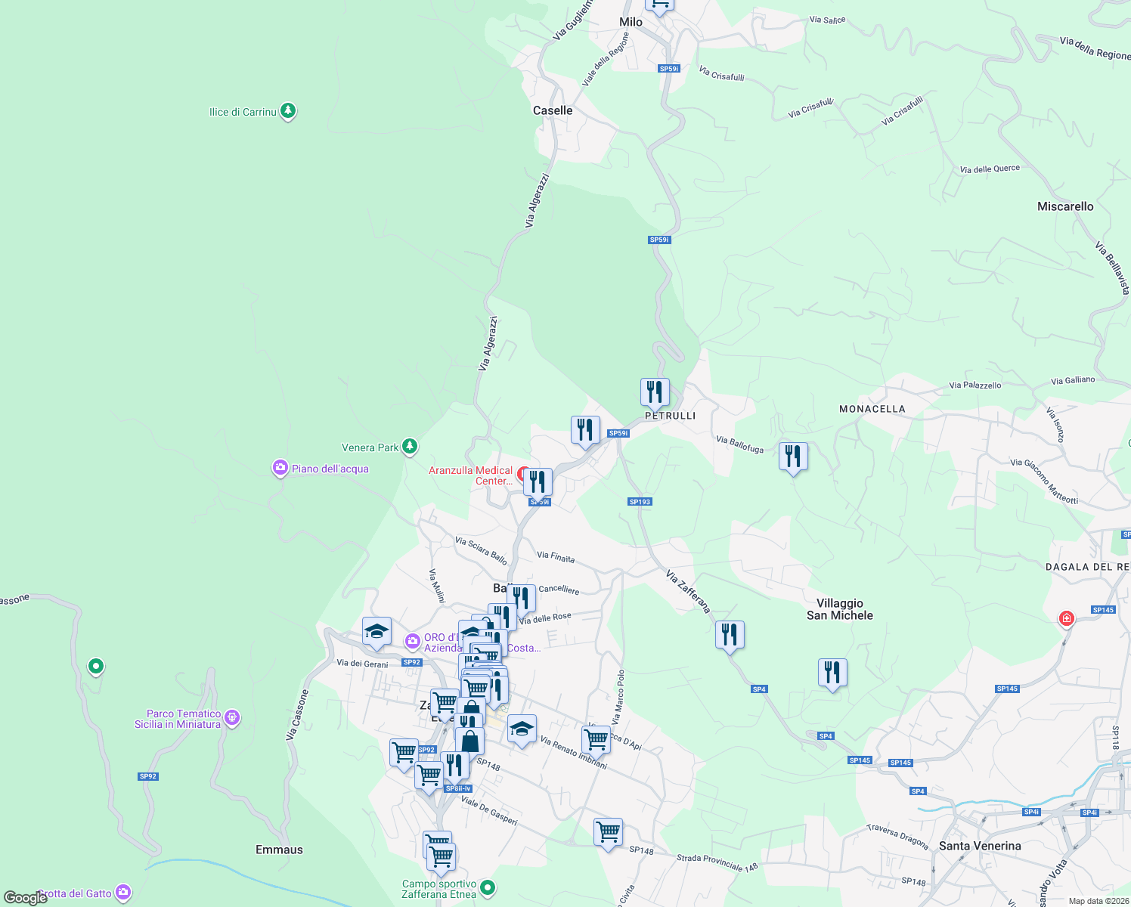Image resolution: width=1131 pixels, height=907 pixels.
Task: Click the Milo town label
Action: point(631,22)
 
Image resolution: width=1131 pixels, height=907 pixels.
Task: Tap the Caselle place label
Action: point(553,110)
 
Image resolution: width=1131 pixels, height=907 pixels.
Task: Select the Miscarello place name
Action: point(1065,206)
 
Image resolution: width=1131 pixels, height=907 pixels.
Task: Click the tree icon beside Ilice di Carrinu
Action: point(287,111)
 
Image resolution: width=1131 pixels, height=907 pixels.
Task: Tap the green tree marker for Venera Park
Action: point(410,447)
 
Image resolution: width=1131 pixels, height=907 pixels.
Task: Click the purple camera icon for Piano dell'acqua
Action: point(280,469)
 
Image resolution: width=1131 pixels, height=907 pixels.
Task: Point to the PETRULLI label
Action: point(670,416)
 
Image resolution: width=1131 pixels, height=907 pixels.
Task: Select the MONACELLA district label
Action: point(872,409)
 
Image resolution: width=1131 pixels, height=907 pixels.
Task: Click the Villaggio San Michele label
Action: point(839,609)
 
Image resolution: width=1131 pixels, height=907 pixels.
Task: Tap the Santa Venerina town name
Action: point(980,846)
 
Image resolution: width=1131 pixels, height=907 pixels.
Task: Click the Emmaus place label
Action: point(279,850)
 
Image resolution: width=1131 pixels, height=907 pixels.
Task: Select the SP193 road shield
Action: point(640,502)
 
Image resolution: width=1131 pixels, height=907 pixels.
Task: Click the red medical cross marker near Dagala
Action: point(1066,619)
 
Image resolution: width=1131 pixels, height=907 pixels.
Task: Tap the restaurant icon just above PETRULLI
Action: point(655,392)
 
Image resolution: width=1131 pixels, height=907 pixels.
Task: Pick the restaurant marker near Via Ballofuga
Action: point(792,456)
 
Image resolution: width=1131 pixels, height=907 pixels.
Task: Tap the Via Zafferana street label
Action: point(688,591)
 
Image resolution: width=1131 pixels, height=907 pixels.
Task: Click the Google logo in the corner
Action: point(25,898)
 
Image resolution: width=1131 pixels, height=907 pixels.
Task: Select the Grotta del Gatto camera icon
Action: point(123,893)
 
